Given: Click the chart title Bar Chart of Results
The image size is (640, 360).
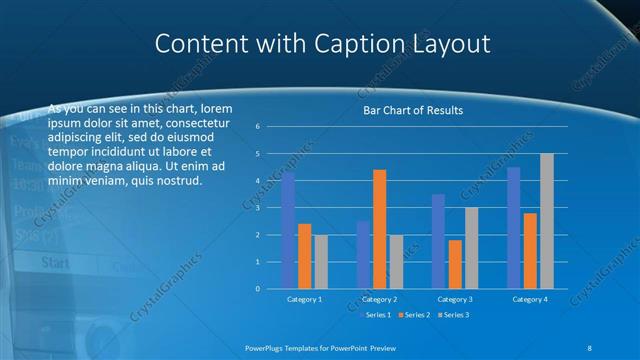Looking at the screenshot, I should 412,110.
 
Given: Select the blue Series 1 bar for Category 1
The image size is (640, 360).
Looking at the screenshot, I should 288,231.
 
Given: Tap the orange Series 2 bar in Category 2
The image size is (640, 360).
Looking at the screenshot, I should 379,229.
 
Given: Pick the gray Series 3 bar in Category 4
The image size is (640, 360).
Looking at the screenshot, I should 546,221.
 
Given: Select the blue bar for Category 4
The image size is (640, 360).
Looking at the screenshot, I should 514,228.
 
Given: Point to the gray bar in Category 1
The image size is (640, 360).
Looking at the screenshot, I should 320,262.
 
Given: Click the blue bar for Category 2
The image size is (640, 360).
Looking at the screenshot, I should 363,255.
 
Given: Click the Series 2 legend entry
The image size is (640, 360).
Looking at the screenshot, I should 412,315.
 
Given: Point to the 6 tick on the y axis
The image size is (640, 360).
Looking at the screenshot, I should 257,127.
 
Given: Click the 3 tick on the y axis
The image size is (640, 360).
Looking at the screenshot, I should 257,208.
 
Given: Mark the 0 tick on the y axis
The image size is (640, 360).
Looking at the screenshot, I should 257,289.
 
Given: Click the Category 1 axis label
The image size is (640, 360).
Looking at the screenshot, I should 304,299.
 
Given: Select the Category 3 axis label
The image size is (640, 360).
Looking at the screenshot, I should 455,299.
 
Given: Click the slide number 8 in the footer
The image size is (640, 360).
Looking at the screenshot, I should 588,346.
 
